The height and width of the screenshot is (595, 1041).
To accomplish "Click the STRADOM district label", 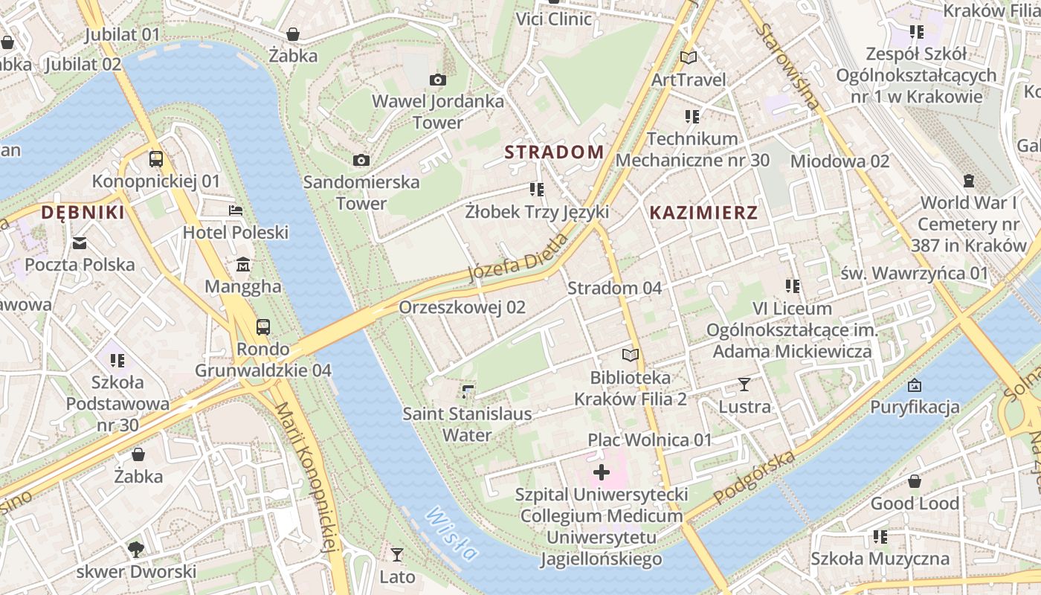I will click(x=554, y=152).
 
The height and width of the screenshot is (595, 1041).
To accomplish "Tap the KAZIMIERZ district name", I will click(x=703, y=213).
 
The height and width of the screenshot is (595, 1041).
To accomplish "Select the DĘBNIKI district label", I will click(x=82, y=213).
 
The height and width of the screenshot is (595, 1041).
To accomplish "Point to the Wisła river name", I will click(x=452, y=534).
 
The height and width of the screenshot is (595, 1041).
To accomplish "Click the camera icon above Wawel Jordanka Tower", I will click(x=438, y=80).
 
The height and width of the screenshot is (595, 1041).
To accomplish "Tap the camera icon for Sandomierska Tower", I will click(x=361, y=160).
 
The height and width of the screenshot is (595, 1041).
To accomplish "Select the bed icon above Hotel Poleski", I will click(x=236, y=210).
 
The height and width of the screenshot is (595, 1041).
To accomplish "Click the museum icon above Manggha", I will click(x=242, y=265).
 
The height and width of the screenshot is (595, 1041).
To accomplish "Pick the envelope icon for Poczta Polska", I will click(x=80, y=242).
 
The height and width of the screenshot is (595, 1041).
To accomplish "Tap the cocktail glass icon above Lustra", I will click(x=744, y=385).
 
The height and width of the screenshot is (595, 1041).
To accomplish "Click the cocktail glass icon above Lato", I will click(x=397, y=555).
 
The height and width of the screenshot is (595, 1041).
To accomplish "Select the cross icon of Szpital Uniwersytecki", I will click(x=602, y=472).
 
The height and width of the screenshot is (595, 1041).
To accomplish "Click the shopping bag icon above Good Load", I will click(x=914, y=481).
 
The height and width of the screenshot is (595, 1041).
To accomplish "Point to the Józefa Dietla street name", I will click(x=519, y=258).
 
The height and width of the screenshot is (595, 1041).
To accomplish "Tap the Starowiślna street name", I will click(x=788, y=67).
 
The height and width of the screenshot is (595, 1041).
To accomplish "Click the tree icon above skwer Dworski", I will click(x=135, y=550).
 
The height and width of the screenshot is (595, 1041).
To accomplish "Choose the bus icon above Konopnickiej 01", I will click(x=156, y=158).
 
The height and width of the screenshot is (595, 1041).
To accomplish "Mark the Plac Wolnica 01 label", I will click(x=650, y=440).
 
